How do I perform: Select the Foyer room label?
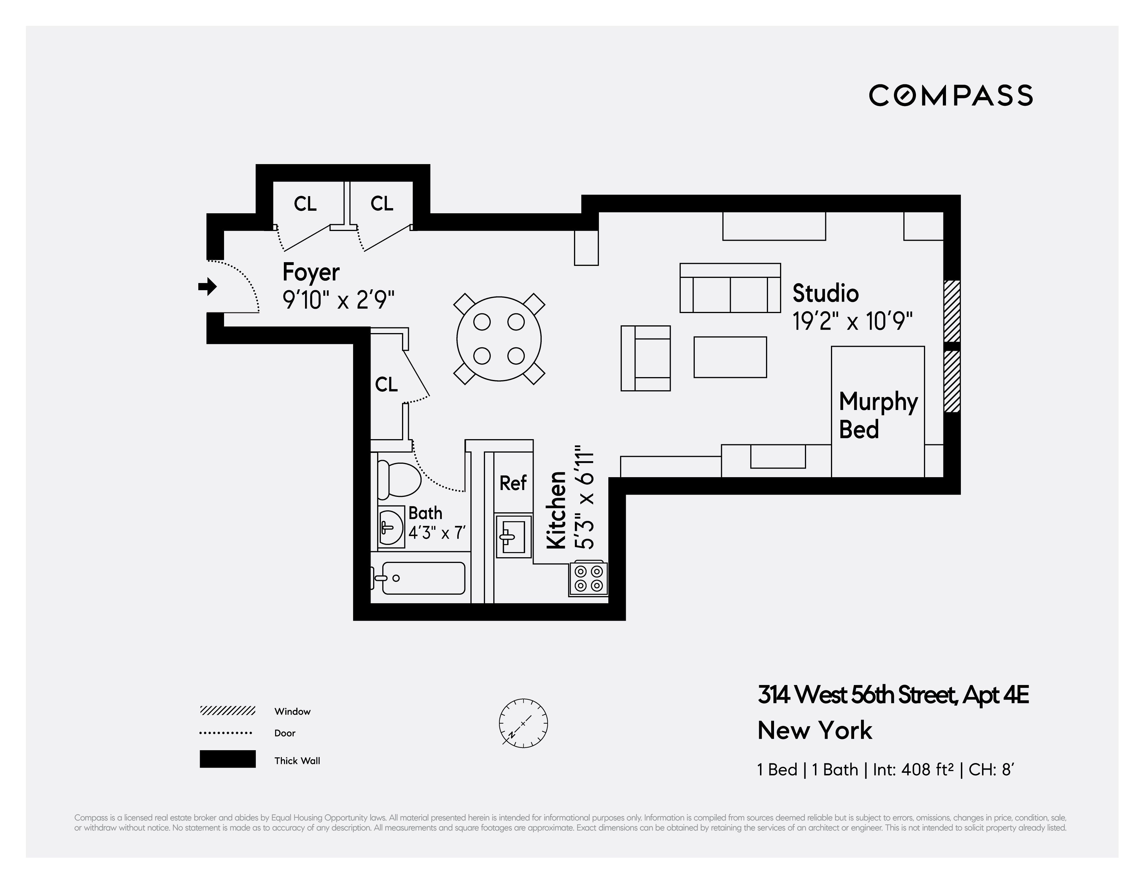pyautogui.click(x=311, y=272)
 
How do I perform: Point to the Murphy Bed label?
pyautogui.click(x=878, y=415)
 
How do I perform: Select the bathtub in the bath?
pyautogui.click(x=423, y=578)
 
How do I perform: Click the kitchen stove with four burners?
pyautogui.click(x=588, y=578)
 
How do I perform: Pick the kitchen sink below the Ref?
pyautogui.click(x=513, y=536)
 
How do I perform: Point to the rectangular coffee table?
pyautogui.click(x=730, y=357)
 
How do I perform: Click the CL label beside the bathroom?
pyautogui.click(x=387, y=385)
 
